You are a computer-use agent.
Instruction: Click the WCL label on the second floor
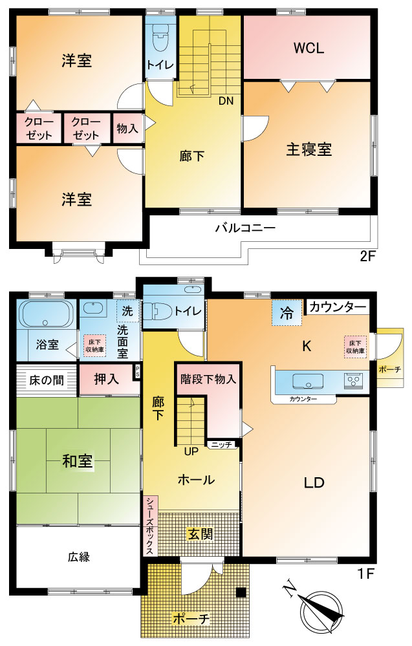pos(309,48)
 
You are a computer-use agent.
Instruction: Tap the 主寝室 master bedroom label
pos(309,149)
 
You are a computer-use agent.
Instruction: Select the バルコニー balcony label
pos(246,228)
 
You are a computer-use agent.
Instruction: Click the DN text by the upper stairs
pos(226,100)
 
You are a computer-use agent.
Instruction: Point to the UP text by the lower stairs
pos(191,451)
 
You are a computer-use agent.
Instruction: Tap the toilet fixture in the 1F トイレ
pos(158,310)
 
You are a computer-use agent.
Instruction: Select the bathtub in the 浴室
pos(47,314)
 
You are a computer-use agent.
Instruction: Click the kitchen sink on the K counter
pos(308,381)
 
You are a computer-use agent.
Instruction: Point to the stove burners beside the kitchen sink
pos(354,381)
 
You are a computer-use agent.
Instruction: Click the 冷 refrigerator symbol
pos(287,313)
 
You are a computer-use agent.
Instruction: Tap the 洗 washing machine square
pos(127,310)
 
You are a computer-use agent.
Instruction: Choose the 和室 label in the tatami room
pos(78,460)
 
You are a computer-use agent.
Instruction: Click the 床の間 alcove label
pos(47,380)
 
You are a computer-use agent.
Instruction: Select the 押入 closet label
pos(106,379)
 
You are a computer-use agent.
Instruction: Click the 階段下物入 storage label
pos(208,379)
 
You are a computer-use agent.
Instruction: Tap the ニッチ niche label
pos(222,444)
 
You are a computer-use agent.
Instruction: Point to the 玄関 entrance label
pos(201,534)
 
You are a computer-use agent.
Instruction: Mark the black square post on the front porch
pos(241,592)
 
